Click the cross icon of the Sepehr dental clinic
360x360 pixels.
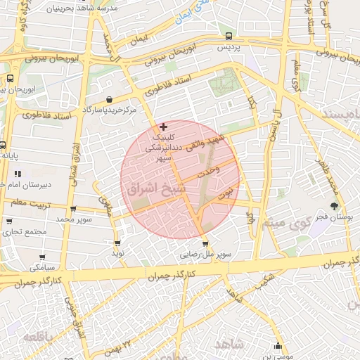point(164,127)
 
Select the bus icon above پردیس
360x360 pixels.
point(229,36)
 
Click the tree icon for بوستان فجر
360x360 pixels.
point(334,206)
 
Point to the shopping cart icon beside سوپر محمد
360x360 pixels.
point(74,209)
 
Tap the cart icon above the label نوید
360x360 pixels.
point(117,243)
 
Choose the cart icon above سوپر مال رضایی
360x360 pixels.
point(205,244)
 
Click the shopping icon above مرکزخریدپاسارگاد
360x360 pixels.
point(109,100)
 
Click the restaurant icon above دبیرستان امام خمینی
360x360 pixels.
point(18,173)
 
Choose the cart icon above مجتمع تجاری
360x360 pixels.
point(9,221)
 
